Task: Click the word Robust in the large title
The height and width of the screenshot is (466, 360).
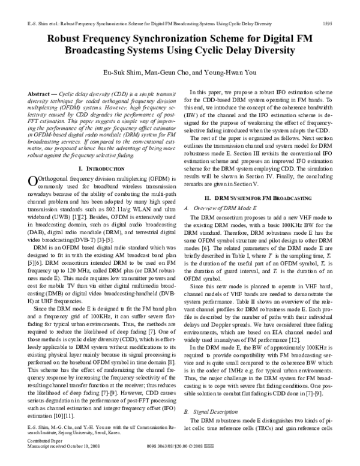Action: (x=67, y=37)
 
